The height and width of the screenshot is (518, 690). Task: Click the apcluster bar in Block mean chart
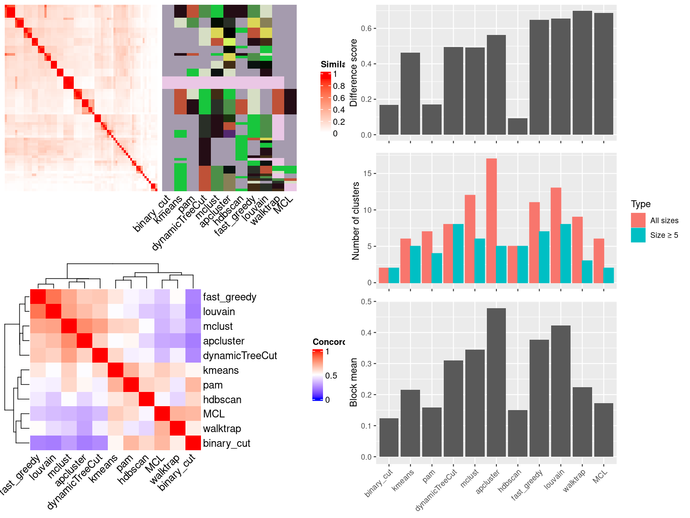click(496, 382)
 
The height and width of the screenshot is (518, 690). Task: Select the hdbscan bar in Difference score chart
click(517, 126)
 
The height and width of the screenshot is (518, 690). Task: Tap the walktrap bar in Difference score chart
click(582, 73)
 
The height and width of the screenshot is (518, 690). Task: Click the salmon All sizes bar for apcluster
click(491, 221)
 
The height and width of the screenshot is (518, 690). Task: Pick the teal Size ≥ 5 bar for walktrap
click(587, 272)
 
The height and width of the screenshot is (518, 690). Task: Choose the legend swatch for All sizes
click(638, 220)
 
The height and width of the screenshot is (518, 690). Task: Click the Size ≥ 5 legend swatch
click(638, 235)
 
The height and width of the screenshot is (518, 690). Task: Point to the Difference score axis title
click(354, 73)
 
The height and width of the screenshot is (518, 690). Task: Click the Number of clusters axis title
click(355, 221)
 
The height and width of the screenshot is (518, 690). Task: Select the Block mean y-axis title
click(354, 382)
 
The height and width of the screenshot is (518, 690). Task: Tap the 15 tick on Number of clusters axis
click(367, 174)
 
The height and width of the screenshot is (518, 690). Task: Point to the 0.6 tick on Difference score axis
click(366, 28)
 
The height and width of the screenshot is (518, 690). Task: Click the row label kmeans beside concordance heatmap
click(221, 370)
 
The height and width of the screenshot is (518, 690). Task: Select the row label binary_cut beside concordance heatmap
click(226, 443)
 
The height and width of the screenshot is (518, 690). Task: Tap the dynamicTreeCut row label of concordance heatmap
click(240, 356)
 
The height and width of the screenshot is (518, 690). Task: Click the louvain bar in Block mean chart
click(561, 391)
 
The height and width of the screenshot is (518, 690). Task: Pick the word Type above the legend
click(640, 204)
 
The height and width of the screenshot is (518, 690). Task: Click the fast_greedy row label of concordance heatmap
click(229, 297)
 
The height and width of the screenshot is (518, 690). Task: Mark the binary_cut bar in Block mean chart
click(389, 437)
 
